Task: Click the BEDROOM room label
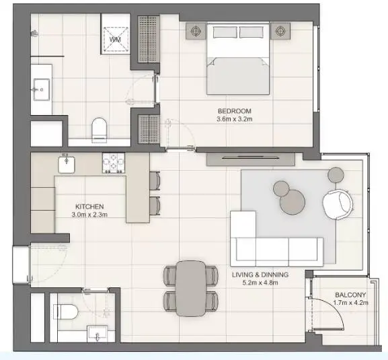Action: click(234, 111)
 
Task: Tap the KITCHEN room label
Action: click(89, 207)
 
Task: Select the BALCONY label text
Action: click(350, 295)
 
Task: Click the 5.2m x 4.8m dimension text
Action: click(260, 283)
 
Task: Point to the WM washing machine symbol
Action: click(116, 40)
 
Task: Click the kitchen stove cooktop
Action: click(114, 163)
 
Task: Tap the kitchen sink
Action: click(67, 164)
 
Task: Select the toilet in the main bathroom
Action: click(99, 131)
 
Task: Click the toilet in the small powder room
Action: click(66, 312)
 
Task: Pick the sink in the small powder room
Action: click(98, 334)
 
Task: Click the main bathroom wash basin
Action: click(42, 89)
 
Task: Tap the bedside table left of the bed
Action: click(196, 31)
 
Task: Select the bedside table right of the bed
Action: click(280, 31)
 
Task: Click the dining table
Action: click(191, 289)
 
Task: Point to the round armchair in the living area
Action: click(338, 204)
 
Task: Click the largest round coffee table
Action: click(293, 202)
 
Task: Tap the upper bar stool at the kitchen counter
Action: click(155, 180)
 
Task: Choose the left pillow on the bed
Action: click(225, 32)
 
